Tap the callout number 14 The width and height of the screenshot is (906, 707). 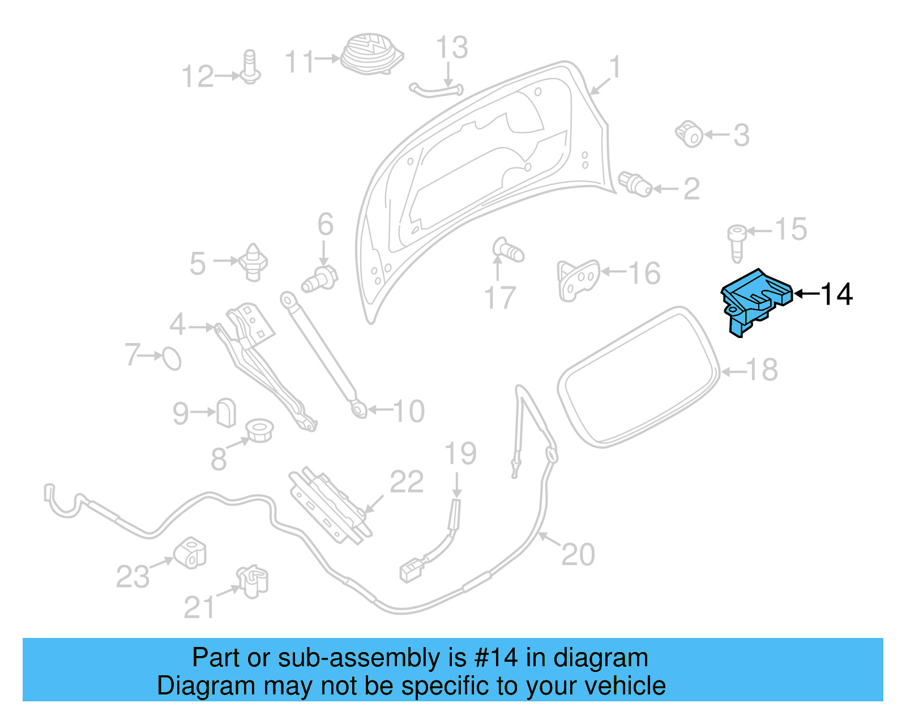pos(836,294)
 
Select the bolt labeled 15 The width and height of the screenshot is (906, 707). pos(736,242)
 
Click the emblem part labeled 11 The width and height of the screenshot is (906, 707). pos(371,54)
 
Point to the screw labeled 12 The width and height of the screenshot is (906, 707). pos(250,68)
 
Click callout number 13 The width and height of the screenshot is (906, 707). pos(452,48)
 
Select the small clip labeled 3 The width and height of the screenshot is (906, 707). pos(690,134)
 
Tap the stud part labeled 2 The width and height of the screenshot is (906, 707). pos(636,183)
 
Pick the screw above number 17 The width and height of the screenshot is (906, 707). pos(507,250)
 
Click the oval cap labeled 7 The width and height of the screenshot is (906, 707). pos(172,358)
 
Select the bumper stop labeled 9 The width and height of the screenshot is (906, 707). pos(226,412)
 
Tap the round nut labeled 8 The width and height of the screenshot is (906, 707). pos(259,430)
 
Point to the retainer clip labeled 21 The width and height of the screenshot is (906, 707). pos(253,581)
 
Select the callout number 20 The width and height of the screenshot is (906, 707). pos(578,554)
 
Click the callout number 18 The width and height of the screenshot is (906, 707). pos(762,370)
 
